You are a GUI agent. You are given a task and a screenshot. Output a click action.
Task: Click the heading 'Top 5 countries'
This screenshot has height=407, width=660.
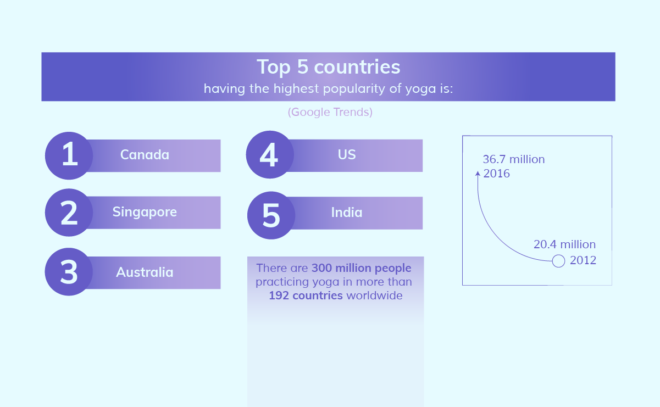[x=328, y=67]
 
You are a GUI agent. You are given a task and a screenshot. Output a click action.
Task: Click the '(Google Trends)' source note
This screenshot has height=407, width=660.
[x=330, y=112]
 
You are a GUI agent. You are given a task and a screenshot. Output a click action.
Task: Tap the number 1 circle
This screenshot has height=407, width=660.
[x=69, y=155]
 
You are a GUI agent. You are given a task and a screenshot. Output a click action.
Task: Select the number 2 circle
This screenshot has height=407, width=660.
[x=69, y=213]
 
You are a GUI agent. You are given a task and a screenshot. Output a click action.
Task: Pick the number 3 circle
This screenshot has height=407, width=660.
[x=69, y=271]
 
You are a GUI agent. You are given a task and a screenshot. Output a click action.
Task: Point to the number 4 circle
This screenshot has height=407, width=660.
[x=270, y=154]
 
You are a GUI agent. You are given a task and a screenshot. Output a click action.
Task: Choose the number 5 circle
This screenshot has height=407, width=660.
[x=271, y=215]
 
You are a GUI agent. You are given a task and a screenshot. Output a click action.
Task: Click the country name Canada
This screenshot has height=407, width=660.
[x=145, y=154]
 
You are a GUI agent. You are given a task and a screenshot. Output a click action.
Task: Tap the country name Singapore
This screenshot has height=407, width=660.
[x=145, y=213]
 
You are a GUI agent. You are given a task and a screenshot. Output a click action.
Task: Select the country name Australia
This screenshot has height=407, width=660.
[x=145, y=272]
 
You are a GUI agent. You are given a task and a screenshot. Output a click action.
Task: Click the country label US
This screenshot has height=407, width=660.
[x=347, y=154]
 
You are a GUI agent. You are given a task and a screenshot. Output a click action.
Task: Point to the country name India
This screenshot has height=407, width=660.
[x=347, y=213]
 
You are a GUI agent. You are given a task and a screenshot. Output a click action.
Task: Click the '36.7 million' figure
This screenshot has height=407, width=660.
[x=514, y=159]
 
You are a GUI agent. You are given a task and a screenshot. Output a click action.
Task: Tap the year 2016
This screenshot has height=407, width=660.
[x=496, y=174]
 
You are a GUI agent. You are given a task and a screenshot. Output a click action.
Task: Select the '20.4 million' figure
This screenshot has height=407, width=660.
[x=564, y=244]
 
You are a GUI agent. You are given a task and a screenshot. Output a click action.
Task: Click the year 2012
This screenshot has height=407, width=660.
[x=583, y=260]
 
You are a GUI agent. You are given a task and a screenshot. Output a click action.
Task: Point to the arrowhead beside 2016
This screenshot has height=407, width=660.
[x=478, y=174]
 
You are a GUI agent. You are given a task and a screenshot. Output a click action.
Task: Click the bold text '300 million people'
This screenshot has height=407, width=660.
[x=361, y=268]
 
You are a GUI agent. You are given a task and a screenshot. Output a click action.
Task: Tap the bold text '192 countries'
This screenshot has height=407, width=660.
[x=306, y=296]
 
